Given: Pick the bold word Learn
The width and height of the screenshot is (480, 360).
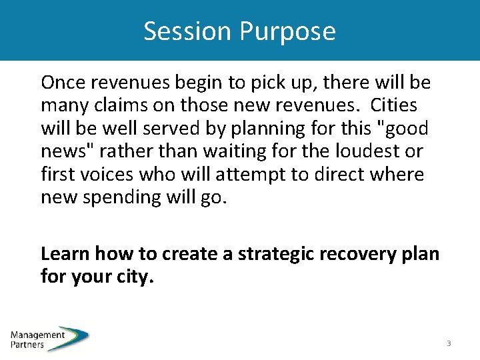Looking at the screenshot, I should click(65, 253).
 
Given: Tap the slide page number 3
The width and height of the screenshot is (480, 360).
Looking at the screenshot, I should click(449, 343).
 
